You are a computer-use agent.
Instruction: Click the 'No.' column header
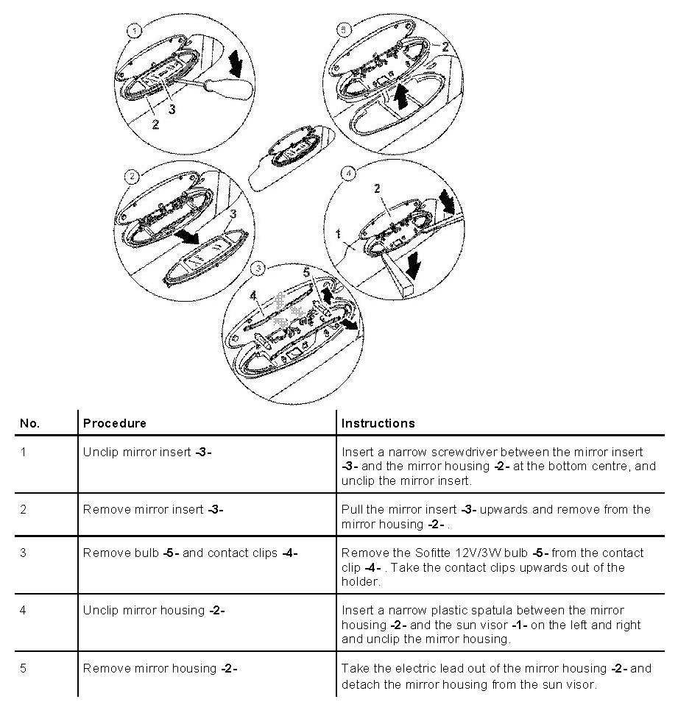coord(29,423)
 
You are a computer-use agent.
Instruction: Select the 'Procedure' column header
coord(114,423)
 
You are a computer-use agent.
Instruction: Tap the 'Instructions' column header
coord(378,423)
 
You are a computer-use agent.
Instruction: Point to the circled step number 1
coord(134,31)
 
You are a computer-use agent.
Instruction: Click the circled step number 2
coord(131,177)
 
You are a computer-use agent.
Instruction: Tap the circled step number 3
coord(257,269)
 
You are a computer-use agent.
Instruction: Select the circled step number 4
coord(348,174)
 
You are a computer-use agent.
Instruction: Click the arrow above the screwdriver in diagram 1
coord(236,63)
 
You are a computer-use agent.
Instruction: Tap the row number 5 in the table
coord(24,668)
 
